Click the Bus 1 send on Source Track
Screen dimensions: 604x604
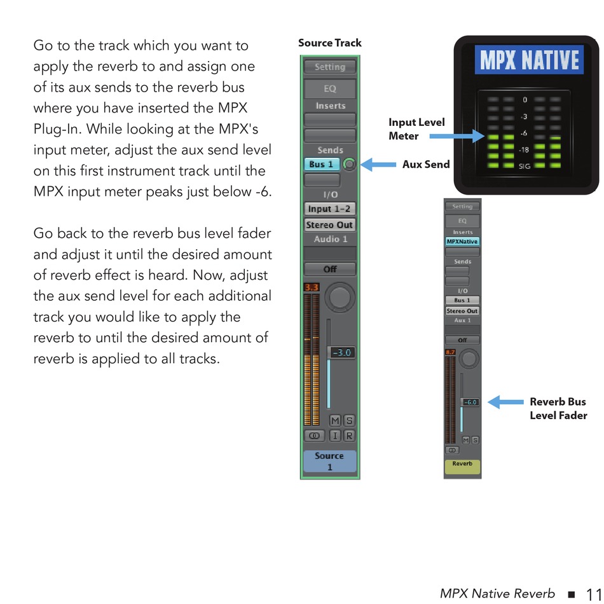322,165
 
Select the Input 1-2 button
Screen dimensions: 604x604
329,209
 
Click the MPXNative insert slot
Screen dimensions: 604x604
462,242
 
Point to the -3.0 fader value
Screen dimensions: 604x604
341,353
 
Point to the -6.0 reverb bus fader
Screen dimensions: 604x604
470,402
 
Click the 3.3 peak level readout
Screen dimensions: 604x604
311,287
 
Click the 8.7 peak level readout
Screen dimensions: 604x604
450,351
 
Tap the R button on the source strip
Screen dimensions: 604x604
349,436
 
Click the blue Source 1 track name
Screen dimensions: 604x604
329,461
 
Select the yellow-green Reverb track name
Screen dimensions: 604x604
462,467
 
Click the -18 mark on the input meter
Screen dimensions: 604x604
524,150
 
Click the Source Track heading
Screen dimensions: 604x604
329,43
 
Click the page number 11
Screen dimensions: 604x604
591,593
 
